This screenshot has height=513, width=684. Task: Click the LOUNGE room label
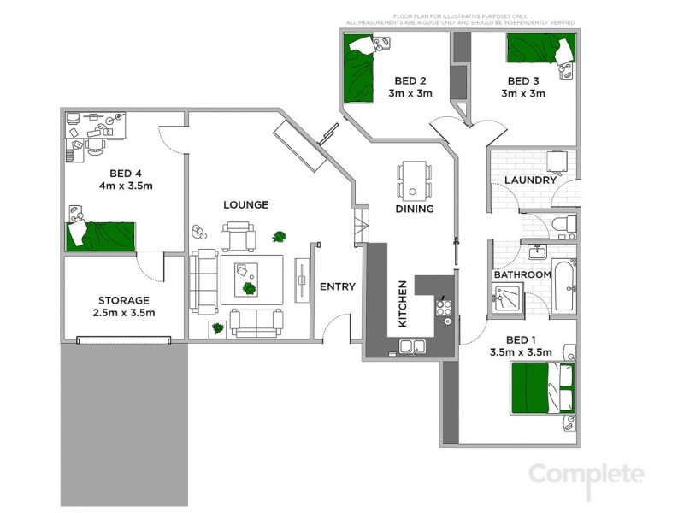point(245,205)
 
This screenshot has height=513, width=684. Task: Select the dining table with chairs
point(414,180)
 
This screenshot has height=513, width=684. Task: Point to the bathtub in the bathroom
point(564,286)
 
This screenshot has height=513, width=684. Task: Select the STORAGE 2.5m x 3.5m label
point(124,306)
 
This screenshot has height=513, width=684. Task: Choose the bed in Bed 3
point(540,50)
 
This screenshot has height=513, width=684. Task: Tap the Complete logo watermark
point(586,473)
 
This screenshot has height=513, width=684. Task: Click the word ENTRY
point(337,286)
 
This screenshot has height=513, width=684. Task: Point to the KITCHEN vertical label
point(401,304)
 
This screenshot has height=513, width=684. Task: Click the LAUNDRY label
point(530,180)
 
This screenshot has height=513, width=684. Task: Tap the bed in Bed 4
point(102,234)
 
